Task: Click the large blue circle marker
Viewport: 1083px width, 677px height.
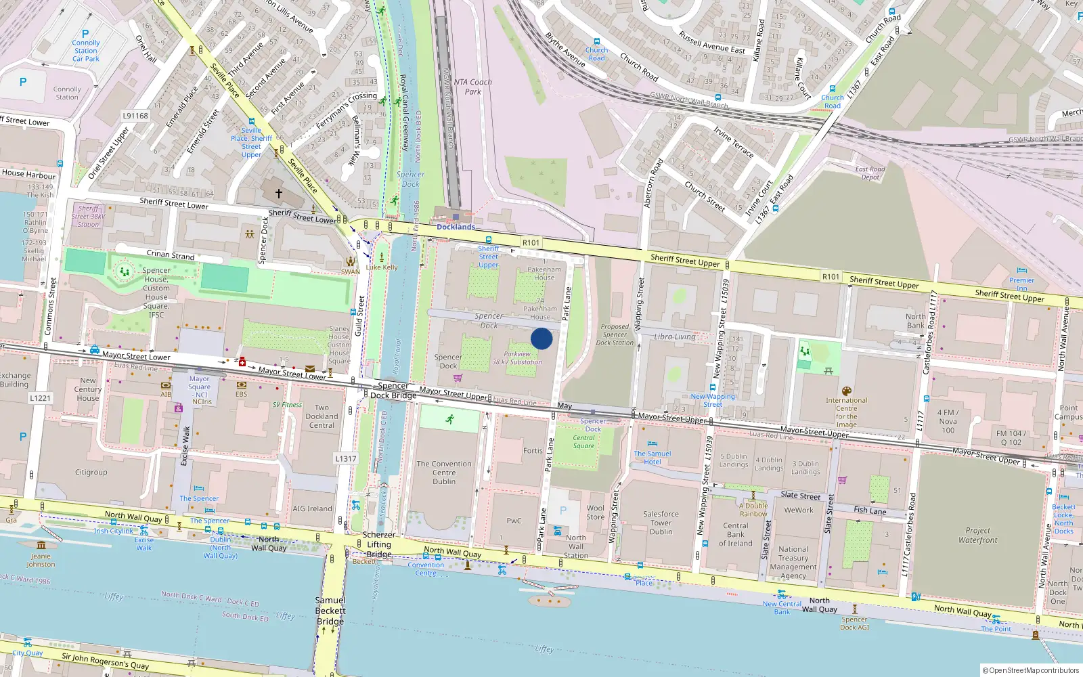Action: [541, 338]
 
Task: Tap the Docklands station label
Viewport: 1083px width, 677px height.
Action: [456, 227]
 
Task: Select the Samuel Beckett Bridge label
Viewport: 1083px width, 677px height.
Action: [330, 611]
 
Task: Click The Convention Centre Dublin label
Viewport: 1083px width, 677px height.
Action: [444, 473]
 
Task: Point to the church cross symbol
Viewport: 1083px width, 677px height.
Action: [278, 193]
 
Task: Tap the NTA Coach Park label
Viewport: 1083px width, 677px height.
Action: [472, 87]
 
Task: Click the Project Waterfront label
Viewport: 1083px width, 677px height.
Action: [977, 536]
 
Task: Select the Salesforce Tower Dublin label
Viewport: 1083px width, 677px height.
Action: [661, 523]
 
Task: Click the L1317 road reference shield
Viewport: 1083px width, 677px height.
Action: [345, 458]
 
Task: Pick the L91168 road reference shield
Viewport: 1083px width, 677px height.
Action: [135, 116]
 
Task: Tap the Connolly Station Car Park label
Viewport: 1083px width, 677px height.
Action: [86, 51]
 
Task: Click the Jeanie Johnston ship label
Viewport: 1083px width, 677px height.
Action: [41, 560]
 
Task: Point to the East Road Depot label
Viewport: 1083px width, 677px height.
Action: [870, 173]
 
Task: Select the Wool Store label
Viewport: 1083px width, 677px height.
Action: [596, 512]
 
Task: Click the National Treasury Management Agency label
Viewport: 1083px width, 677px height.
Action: [793, 563]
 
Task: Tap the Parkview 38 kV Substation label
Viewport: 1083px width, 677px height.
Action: [517, 358]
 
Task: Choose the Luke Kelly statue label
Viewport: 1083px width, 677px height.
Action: [382, 267]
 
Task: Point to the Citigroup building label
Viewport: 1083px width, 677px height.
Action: [91, 473]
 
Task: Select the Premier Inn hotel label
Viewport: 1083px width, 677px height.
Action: [1021, 284]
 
